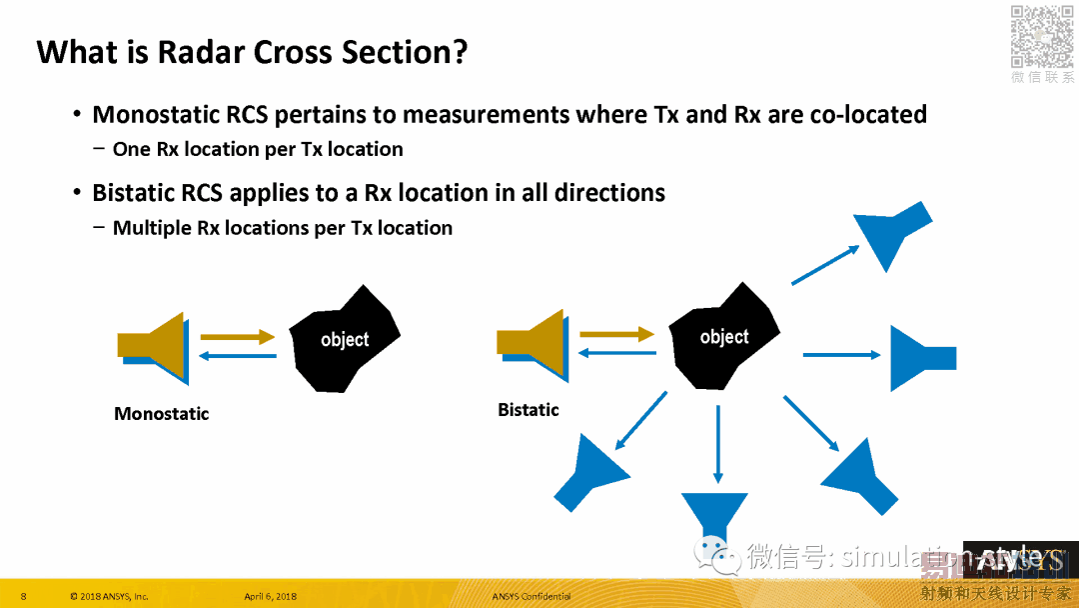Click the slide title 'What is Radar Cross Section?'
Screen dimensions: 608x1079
(x=252, y=52)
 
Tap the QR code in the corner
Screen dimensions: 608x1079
(x=1042, y=37)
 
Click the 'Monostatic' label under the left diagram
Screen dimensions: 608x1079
(x=162, y=414)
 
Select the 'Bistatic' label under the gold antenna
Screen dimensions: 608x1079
(x=529, y=410)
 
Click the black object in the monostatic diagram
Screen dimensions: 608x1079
(x=344, y=339)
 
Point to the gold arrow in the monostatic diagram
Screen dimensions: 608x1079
(x=237, y=337)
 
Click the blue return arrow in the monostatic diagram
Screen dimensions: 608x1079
(x=237, y=355)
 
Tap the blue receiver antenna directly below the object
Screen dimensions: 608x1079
(x=714, y=514)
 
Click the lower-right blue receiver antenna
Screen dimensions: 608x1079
(x=858, y=477)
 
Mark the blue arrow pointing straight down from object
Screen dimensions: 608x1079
(x=717, y=444)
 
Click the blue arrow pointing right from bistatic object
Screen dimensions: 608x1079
(x=841, y=354)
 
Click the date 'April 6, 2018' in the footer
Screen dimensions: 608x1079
(x=270, y=597)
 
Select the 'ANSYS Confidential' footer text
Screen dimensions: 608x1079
(x=532, y=597)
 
